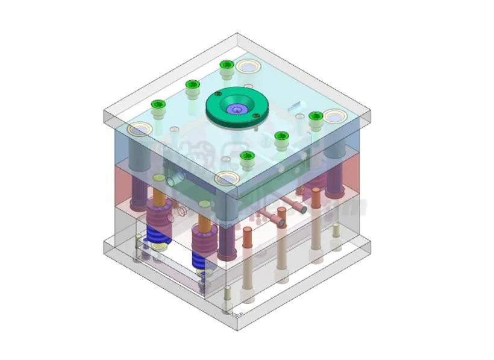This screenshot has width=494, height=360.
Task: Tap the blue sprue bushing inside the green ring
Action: (x=236, y=109)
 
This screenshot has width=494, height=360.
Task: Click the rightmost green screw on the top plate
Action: (x=314, y=117)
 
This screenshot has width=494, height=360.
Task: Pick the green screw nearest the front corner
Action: (x=246, y=158)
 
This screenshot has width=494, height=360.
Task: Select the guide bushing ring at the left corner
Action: (x=139, y=129)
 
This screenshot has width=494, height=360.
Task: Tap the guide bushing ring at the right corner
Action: (x=334, y=115)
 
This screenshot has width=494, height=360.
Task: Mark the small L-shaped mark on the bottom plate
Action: (x=239, y=314)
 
